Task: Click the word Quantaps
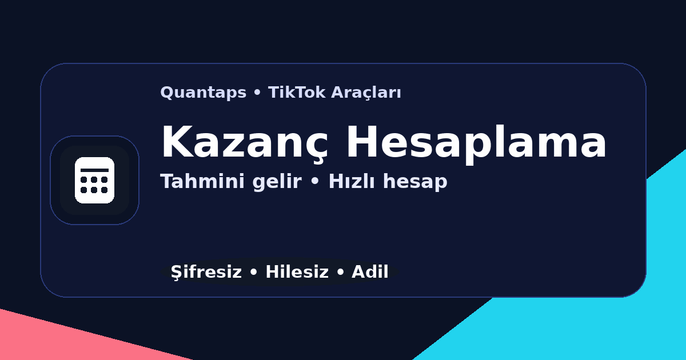(203, 93)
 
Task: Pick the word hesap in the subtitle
(415, 182)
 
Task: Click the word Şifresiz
(206, 273)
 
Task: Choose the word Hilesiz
(297, 272)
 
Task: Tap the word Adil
(370, 272)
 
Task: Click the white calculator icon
(94, 180)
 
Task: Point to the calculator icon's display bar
(94, 170)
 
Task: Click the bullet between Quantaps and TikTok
(257, 93)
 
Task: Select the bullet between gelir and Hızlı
(314, 182)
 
